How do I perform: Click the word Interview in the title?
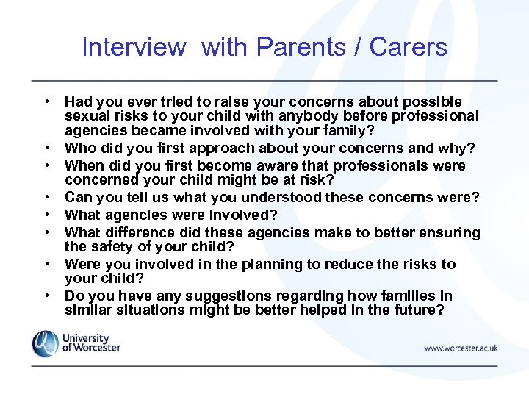pos(134,47)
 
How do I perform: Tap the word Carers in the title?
pos(409,47)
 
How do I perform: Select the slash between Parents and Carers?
pos(358,47)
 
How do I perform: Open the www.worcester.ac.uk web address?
pos(460,348)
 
